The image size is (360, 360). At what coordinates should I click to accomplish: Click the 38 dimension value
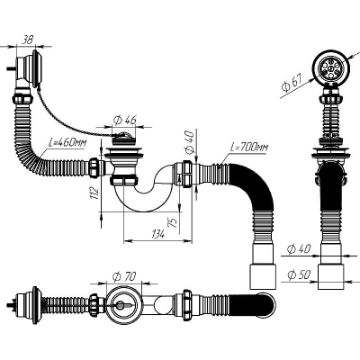point(27,40)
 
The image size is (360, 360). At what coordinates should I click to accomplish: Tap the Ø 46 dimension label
point(125,120)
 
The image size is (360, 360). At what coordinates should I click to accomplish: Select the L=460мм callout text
point(67,142)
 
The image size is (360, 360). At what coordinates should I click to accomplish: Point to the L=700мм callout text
point(249,148)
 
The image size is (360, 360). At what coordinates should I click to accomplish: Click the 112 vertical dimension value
point(94,193)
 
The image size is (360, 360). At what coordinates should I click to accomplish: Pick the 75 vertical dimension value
point(174,222)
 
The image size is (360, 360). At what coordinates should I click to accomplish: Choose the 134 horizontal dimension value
point(157,234)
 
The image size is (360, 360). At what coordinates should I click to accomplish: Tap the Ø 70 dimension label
point(124,276)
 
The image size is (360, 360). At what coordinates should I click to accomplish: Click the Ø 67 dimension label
point(291,82)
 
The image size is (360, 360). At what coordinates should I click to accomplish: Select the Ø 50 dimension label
point(299,274)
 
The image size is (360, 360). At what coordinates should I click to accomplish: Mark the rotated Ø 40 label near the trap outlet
point(191,142)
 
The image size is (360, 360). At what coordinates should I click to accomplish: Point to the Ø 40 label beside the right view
point(299,248)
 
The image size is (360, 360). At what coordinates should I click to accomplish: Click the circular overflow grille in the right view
point(329,67)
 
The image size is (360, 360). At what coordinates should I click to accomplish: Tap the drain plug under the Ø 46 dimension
point(124,137)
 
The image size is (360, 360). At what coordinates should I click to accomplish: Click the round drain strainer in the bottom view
point(122,305)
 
